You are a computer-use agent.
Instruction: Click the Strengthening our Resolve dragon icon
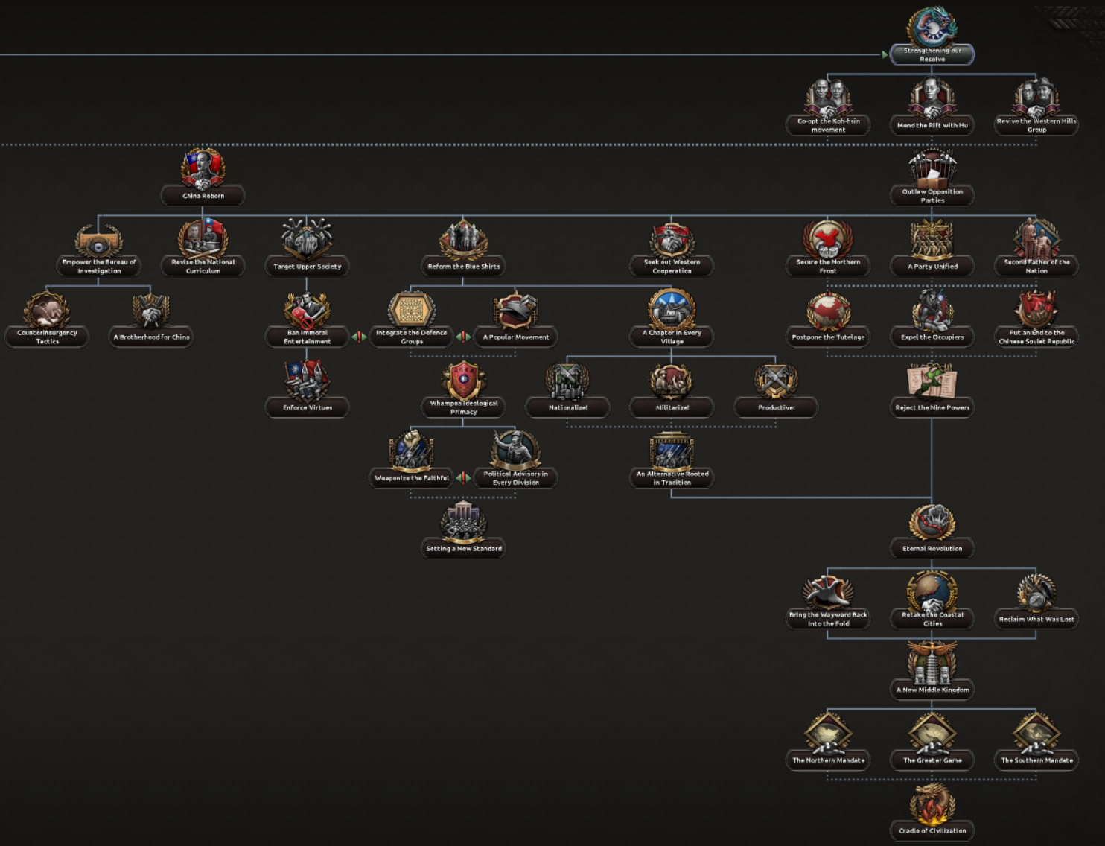click(932, 27)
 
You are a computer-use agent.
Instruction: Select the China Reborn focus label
click(203, 196)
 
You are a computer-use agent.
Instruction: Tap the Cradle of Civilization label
click(932, 830)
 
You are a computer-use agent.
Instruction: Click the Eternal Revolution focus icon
click(932, 521)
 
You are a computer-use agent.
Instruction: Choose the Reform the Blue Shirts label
click(463, 266)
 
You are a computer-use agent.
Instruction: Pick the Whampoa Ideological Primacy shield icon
click(463, 380)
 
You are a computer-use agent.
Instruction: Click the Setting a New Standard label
click(463, 548)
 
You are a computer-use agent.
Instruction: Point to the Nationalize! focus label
click(567, 407)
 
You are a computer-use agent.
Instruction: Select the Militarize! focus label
click(672, 407)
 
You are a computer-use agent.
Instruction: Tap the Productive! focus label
click(776, 407)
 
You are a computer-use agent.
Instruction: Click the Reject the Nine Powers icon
click(932, 381)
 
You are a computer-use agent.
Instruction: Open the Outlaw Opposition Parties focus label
click(932, 196)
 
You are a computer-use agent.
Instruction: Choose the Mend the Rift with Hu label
click(932, 125)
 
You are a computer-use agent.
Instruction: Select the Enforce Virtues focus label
click(307, 407)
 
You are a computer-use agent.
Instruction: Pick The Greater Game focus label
click(932, 760)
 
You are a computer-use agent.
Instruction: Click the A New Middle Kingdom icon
click(932, 663)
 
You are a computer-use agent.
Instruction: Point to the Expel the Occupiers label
click(932, 337)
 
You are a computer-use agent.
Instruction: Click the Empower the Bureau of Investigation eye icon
click(98, 244)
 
